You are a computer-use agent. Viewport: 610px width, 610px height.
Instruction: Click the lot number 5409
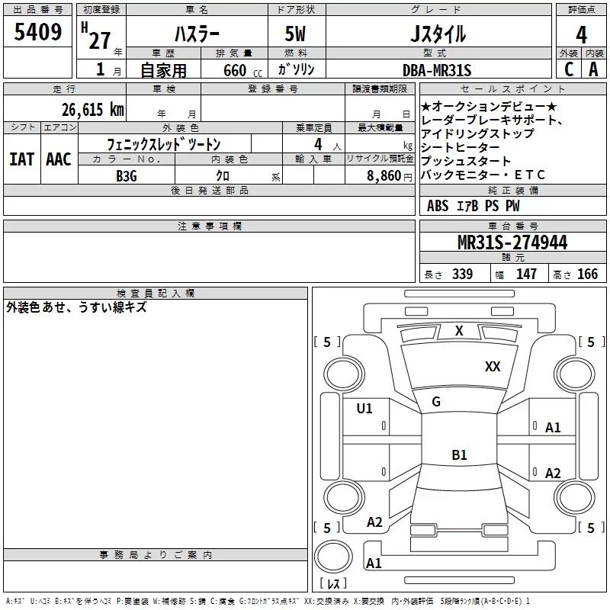tap(38, 33)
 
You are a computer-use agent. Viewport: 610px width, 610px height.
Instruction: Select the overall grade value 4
tap(581, 35)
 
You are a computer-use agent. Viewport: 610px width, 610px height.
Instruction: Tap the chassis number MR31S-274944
tap(512, 243)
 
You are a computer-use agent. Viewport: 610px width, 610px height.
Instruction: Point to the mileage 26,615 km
tap(92, 109)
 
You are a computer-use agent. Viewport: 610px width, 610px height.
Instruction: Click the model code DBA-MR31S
tap(437, 70)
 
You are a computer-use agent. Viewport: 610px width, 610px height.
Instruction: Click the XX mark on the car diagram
tap(493, 367)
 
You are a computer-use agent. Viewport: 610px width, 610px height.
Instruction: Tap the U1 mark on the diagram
tap(364, 409)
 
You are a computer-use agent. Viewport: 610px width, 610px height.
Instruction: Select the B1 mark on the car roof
tap(459, 455)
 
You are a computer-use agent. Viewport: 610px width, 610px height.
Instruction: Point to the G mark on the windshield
tap(436, 401)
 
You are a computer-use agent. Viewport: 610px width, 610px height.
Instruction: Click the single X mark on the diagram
tap(459, 330)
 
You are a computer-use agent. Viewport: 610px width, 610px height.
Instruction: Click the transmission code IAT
tap(21, 159)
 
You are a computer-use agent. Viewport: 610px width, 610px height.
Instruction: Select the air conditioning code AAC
tap(58, 159)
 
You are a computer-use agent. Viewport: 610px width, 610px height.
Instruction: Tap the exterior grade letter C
tap(568, 69)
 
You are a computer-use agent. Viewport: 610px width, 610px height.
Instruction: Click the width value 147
tap(526, 274)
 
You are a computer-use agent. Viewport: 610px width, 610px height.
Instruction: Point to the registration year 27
tap(99, 40)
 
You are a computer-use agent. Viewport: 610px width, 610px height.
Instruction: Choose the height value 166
tap(587, 274)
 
